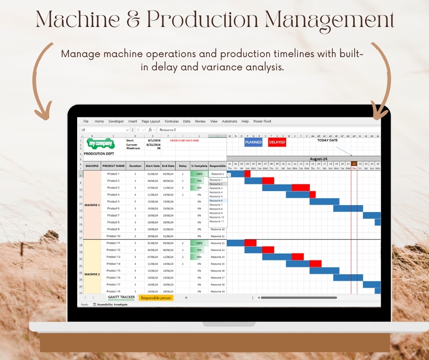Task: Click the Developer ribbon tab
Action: [x=116, y=122]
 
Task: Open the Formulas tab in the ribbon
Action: [x=172, y=122]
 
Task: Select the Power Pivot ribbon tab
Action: [x=262, y=122]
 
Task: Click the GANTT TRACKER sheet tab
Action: [x=121, y=297]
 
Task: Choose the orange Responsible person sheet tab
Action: [x=156, y=298]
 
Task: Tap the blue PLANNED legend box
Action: [x=253, y=142]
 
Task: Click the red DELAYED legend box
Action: [x=277, y=142]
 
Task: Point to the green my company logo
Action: [x=100, y=143]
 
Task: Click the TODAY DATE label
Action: [x=328, y=140]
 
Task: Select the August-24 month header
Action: [x=319, y=159]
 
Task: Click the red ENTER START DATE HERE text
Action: [x=184, y=141]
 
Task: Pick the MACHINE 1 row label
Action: [x=92, y=205]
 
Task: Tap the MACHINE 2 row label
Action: [x=92, y=274]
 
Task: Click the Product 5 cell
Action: [x=113, y=201]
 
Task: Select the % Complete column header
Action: [x=199, y=166]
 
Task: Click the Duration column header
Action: [x=135, y=166]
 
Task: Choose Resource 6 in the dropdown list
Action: [x=216, y=201]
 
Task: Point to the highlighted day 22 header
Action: [x=354, y=164]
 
